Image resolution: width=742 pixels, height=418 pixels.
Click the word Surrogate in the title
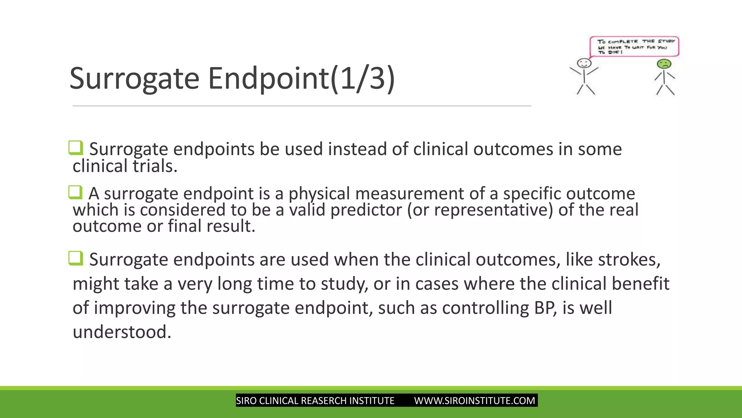(x=134, y=78)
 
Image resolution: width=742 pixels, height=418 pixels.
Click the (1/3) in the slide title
(x=362, y=78)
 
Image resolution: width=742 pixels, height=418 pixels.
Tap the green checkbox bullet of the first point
(x=76, y=148)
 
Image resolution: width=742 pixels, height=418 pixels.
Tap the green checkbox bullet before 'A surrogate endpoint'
(x=76, y=192)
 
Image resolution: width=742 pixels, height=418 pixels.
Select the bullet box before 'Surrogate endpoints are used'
(x=76, y=258)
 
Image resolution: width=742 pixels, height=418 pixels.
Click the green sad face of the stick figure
(x=664, y=64)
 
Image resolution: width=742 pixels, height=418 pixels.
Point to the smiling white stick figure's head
(x=584, y=63)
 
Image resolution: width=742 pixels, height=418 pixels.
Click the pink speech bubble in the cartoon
(x=634, y=46)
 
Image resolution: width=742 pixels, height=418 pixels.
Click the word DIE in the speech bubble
(x=614, y=52)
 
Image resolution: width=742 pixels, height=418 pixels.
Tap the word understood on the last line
(x=121, y=332)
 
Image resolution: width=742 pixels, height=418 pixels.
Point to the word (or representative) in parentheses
(x=480, y=210)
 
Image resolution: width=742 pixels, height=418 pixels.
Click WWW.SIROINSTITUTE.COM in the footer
(x=474, y=401)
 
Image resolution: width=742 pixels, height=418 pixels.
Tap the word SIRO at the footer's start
(x=246, y=401)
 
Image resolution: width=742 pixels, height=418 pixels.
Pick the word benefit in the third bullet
(x=640, y=284)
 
